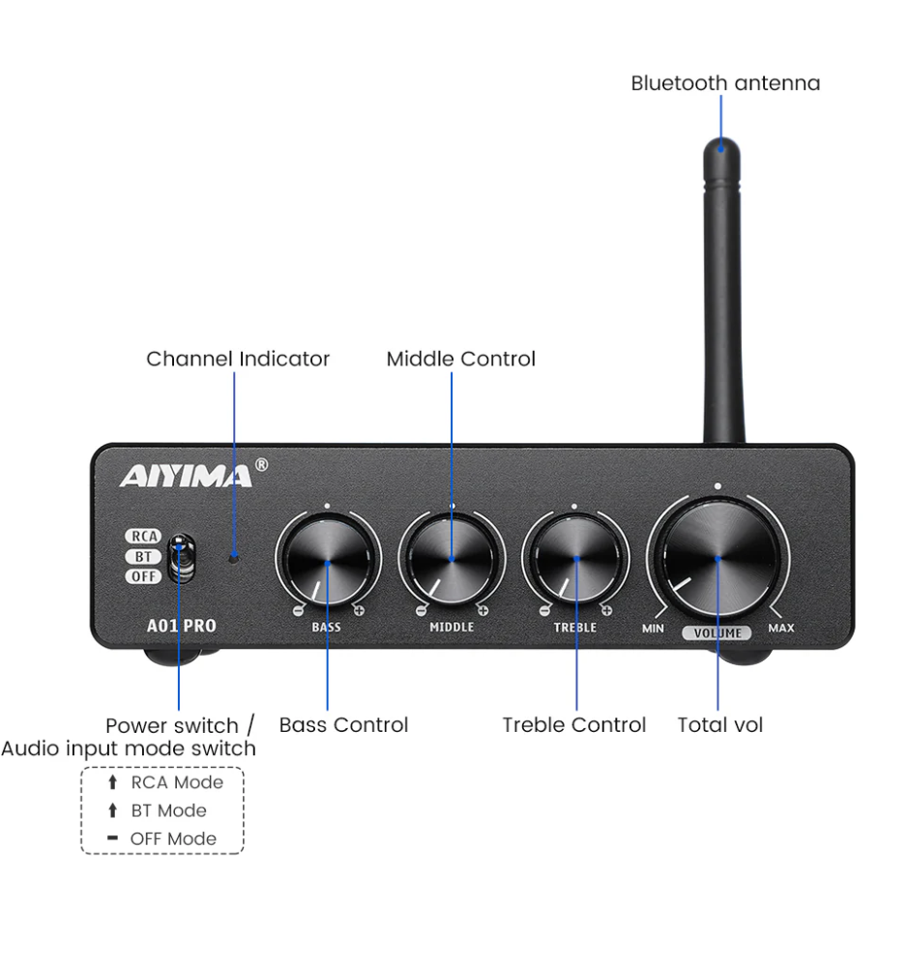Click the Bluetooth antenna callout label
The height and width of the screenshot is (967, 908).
(x=725, y=83)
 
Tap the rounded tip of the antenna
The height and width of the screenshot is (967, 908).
(x=721, y=147)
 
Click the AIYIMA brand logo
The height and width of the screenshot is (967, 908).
(x=186, y=476)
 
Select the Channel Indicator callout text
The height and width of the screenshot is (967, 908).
(x=238, y=359)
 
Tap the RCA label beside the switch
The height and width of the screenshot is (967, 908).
(x=142, y=537)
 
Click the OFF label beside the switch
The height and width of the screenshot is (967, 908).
(x=142, y=576)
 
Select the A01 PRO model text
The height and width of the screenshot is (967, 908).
(x=174, y=626)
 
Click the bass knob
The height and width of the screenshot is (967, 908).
(x=327, y=560)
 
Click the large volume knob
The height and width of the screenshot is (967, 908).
(x=718, y=557)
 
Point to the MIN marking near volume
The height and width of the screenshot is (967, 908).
(x=653, y=629)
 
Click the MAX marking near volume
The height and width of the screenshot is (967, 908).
(x=780, y=629)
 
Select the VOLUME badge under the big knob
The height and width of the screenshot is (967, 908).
(x=717, y=633)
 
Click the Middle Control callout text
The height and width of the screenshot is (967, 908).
(x=460, y=359)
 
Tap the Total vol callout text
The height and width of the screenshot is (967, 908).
(x=719, y=725)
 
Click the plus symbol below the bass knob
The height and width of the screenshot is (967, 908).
(x=359, y=610)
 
